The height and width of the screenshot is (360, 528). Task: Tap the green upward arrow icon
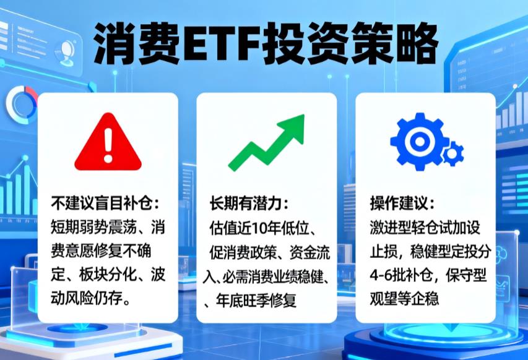point(267,143)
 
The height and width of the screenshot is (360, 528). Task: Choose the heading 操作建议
point(402,204)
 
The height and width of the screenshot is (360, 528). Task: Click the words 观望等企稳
point(405,300)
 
